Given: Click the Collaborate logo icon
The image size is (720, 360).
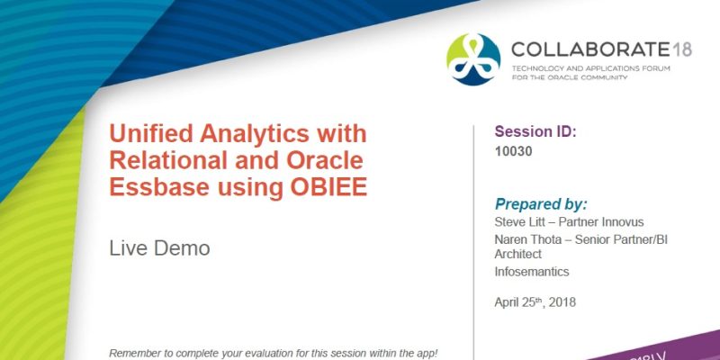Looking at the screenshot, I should tap(473, 58).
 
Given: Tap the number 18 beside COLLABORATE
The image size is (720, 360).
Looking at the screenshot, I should tap(681, 49).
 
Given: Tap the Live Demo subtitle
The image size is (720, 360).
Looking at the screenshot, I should tap(159, 247).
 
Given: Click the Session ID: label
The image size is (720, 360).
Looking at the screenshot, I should tap(535, 131).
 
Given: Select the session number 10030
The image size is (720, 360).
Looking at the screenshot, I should tap(514, 151).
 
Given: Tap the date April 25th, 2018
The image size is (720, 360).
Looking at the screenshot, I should tap(535, 301).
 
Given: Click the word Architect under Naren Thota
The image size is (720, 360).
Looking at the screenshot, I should tap(518, 254).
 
